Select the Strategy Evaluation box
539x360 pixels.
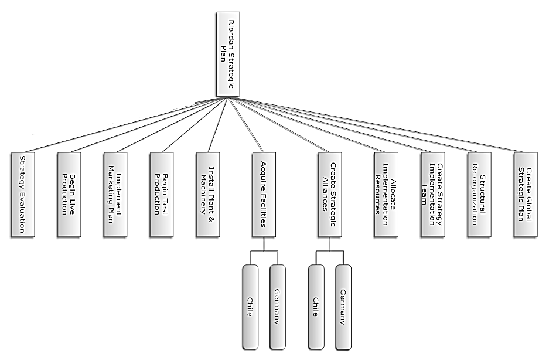tap(23, 195)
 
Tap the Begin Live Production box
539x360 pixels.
tap(69, 195)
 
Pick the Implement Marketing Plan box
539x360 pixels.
tap(115, 195)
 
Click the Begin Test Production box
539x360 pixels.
tap(161, 195)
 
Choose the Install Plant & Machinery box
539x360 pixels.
tap(207, 195)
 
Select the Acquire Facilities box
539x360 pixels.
tap(264, 195)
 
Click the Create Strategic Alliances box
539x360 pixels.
tap(329, 195)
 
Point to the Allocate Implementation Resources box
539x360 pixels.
tap(386, 195)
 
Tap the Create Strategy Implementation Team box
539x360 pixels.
tap(432, 195)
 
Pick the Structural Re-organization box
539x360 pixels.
tap(479, 195)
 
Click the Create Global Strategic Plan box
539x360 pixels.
tap(525, 195)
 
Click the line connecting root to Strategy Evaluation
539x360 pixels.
tap(123, 126)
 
